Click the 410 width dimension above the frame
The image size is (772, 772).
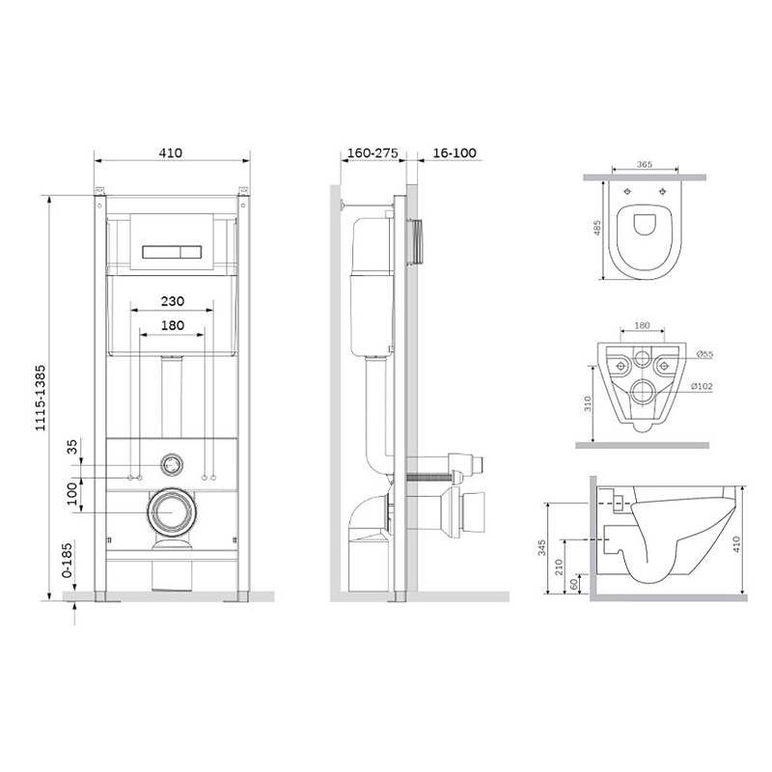pos(171,152)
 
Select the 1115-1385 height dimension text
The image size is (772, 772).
pos(40,398)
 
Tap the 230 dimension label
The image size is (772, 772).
pos(173,301)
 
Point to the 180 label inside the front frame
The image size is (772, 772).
pos(173,325)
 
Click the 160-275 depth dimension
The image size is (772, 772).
pos(372,152)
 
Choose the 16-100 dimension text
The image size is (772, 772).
pos(455,152)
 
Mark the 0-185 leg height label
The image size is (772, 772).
pos(67,560)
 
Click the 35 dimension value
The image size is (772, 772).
pos(71,447)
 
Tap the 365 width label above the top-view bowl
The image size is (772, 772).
pos(645,164)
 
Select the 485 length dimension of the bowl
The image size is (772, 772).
pos(597,228)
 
